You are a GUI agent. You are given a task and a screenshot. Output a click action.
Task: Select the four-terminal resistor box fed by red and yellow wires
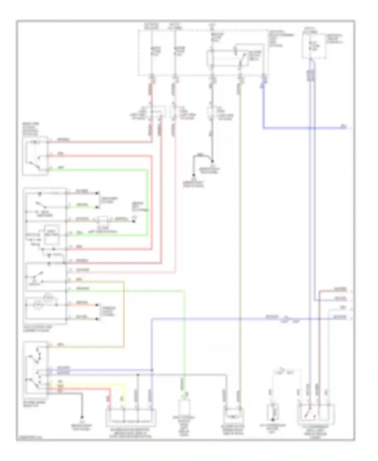coord(131,418)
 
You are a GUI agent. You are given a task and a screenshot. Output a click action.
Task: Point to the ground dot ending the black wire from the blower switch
coord(82,417)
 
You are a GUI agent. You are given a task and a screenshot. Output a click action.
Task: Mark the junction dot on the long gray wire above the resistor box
coord(138,375)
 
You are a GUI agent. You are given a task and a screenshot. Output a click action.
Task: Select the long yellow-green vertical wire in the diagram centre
coord(240,227)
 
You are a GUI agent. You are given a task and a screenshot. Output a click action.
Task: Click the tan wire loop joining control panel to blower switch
coord(124,315)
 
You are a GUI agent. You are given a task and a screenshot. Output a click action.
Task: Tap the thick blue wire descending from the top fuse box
coord(264,106)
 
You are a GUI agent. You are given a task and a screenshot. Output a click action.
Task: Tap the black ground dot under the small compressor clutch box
coord(272,420)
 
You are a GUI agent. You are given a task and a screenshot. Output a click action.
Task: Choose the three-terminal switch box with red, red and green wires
coord(35,156)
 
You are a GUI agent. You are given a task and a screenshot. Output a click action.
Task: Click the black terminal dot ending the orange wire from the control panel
coord(97,305)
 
